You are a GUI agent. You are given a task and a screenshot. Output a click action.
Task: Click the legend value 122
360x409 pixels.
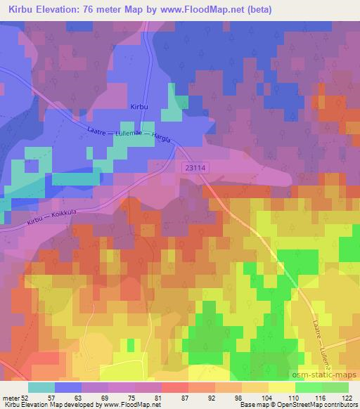[347, 398]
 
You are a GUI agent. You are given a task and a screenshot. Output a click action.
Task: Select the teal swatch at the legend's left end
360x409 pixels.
[41, 387]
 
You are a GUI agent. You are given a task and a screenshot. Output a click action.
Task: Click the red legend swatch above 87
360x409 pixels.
[174, 387]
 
